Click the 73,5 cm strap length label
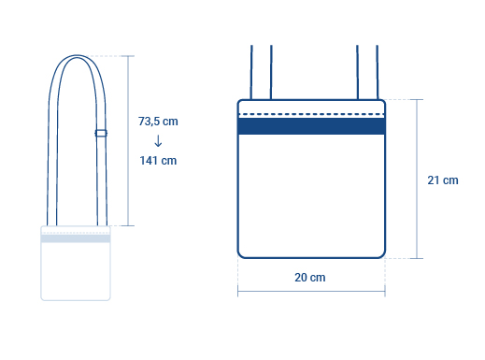[158, 122]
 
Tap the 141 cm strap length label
[158, 161]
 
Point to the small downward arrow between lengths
[158, 141]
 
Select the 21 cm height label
[443, 180]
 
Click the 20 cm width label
[310, 278]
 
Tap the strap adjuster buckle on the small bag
[101, 133]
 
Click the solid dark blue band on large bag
[311, 126]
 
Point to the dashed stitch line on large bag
[311, 114]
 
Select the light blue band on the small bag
[76, 238]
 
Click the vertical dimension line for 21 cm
[417, 179]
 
